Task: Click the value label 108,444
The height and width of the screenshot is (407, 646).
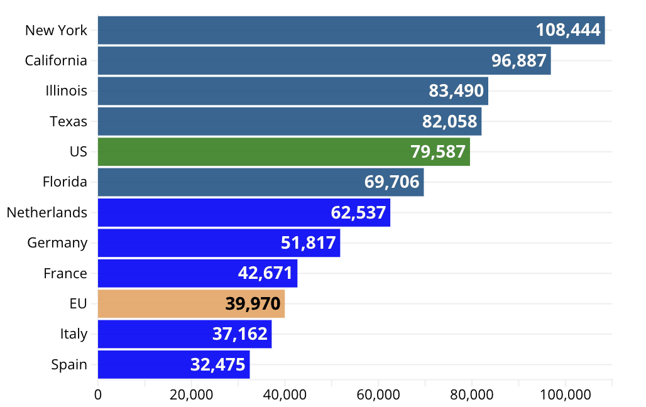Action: point(568,30)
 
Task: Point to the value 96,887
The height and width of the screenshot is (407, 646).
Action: point(519,60)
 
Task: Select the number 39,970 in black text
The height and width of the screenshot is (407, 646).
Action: point(253,304)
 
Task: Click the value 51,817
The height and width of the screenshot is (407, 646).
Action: point(309,242)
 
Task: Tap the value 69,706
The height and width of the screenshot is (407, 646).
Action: point(391,182)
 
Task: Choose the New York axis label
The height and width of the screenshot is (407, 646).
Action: point(56,30)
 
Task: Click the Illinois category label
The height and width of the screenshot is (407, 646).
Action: point(66,90)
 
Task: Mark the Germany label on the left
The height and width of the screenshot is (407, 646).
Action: point(57,242)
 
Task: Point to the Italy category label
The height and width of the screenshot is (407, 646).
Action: point(74,334)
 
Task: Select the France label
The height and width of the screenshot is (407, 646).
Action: point(65,273)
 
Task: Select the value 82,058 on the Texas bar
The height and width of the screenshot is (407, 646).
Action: point(449,121)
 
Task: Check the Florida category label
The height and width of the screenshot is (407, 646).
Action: point(65,182)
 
